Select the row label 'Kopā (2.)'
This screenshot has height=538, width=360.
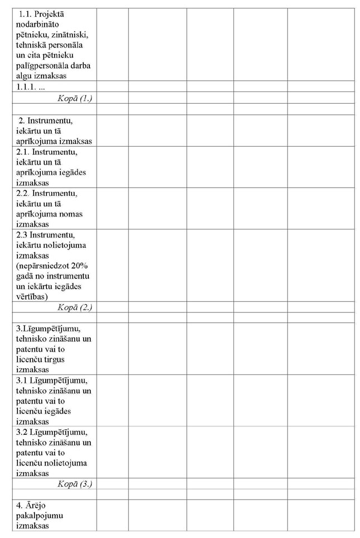point(75,307)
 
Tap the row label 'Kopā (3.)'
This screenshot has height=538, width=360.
point(75,484)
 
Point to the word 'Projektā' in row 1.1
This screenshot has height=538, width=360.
point(49,13)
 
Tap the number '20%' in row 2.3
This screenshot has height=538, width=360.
point(79,266)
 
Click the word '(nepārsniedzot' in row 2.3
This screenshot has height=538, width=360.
point(44,266)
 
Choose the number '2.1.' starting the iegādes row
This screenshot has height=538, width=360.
point(23,152)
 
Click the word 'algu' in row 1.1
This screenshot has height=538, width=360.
point(25,76)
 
